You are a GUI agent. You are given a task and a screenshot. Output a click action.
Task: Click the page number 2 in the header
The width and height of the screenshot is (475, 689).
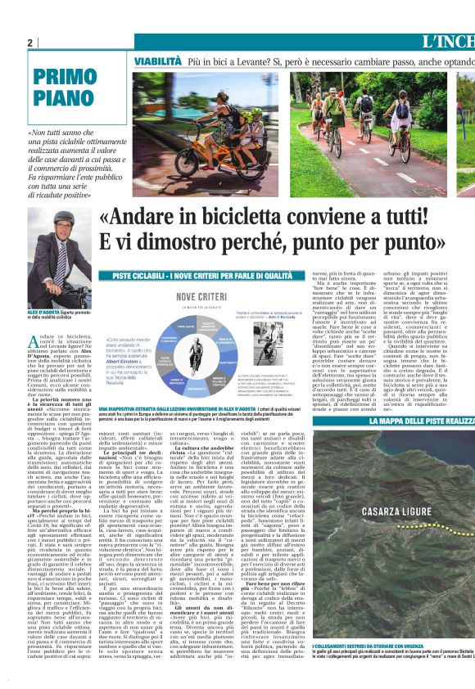click(31, 43)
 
